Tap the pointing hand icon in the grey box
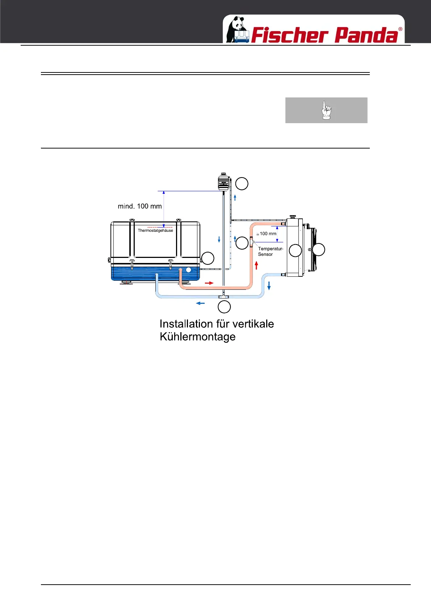(x=326, y=110)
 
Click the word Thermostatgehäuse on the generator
(x=155, y=230)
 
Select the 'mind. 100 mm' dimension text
(x=140, y=206)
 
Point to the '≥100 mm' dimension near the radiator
(x=267, y=234)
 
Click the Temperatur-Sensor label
(x=270, y=251)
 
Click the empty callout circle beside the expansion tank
(x=242, y=184)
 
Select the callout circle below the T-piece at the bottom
(x=224, y=307)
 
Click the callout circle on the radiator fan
(x=319, y=250)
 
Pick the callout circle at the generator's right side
(x=208, y=258)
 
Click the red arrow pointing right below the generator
(x=209, y=283)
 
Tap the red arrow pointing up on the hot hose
(x=256, y=266)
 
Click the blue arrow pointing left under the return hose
(x=200, y=303)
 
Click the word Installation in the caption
(x=186, y=323)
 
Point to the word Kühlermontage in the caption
(x=197, y=337)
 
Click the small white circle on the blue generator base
(x=188, y=270)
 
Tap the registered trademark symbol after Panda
(x=400, y=29)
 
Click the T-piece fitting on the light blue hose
(x=224, y=297)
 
